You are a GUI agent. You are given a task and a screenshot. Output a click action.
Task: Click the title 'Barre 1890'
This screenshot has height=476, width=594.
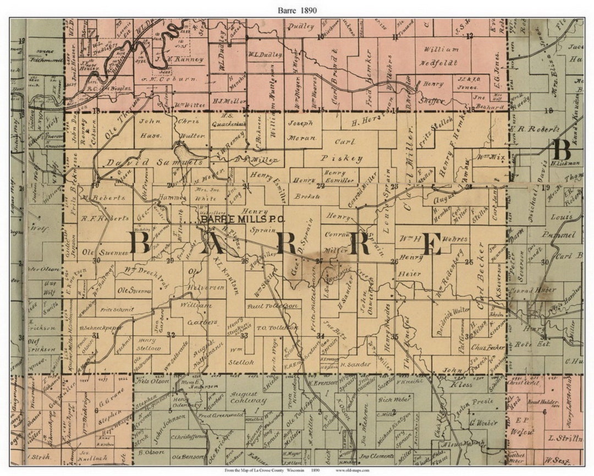click(x=298, y=10)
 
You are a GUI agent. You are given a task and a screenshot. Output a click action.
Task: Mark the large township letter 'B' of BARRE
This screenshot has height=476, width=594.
click(x=139, y=243)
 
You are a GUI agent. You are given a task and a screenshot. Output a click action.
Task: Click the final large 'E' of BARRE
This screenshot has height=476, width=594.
click(x=432, y=244)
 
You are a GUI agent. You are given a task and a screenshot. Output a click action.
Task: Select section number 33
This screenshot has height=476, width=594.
click(x=244, y=335)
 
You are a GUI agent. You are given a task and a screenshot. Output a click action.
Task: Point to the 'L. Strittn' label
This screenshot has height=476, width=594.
click(x=565, y=439)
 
